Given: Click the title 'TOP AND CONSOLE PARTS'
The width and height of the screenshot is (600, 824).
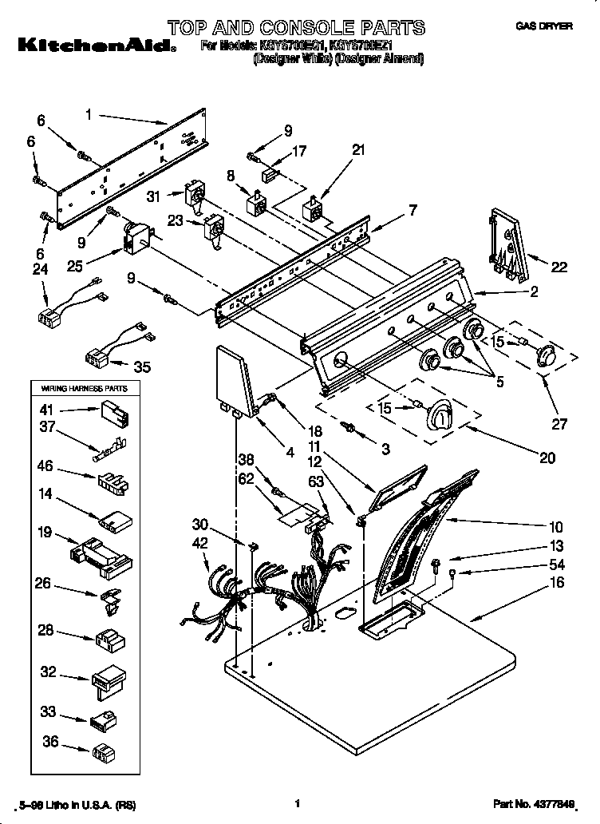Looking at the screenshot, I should [296, 28].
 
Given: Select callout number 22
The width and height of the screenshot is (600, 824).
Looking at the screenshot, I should [559, 267].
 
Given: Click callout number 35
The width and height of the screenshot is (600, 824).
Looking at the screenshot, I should [142, 367].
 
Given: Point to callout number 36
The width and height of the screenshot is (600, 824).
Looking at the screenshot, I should [50, 741].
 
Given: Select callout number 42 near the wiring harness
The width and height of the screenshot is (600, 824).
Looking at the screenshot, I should [200, 542].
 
